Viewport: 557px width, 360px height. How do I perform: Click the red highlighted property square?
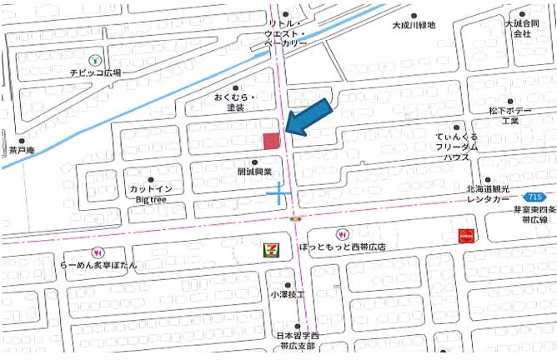(x=272, y=141)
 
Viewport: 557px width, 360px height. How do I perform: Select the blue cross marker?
(x=278, y=195)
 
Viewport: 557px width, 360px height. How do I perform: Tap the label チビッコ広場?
(x=95, y=73)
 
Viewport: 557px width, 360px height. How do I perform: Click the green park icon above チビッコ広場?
(x=96, y=59)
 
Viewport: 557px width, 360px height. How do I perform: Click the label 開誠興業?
(x=254, y=172)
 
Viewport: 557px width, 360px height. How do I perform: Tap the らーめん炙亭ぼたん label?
(x=98, y=264)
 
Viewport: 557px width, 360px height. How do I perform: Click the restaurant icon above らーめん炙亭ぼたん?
(x=98, y=251)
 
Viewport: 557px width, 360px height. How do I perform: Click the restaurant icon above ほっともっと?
(x=340, y=233)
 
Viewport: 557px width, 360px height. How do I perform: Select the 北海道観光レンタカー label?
(x=498, y=196)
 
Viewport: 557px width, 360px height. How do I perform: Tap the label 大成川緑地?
(x=414, y=26)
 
